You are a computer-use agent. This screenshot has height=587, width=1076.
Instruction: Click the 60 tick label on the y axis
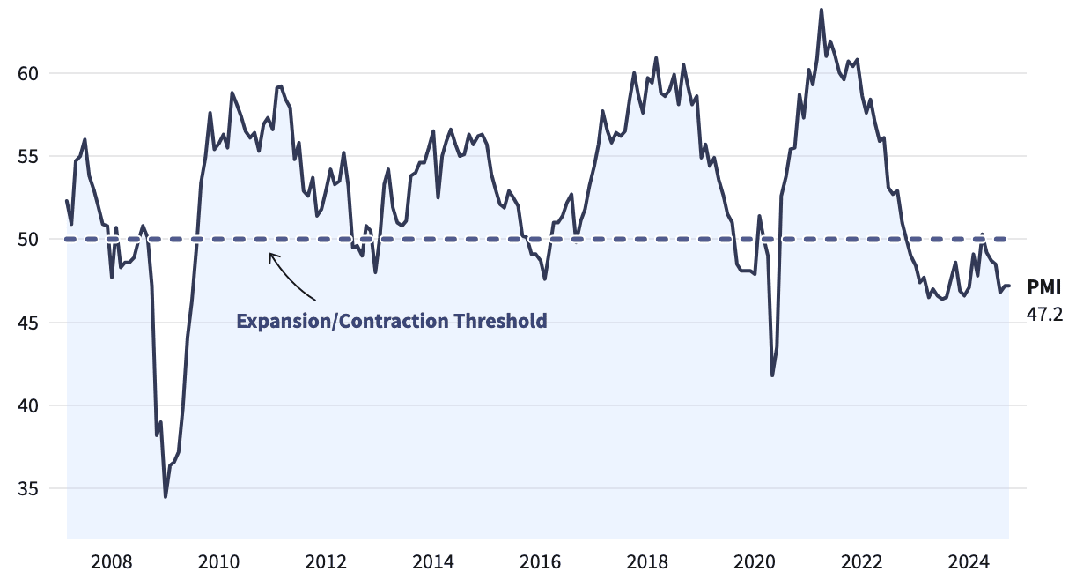click(x=29, y=73)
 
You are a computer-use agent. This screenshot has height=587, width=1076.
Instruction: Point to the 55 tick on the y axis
click(x=29, y=156)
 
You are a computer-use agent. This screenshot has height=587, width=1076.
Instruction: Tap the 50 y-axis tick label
click(x=29, y=239)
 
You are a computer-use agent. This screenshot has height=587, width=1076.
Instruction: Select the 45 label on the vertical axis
click(x=29, y=323)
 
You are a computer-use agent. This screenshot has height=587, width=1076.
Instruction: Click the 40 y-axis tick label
click(x=29, y=405)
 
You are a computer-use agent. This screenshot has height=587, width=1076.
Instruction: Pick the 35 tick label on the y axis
click(x=29, y=488)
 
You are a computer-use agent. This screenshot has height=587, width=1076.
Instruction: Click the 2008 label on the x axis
click(x=112, y=562)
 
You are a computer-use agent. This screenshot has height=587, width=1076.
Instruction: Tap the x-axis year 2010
click(x=218, y=562)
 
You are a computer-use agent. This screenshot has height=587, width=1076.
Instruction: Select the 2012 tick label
click(x=326, y=562)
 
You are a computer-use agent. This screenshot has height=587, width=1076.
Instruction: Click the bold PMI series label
click(x=1043, y=286)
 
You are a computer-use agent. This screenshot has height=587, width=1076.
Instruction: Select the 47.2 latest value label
click(x=1044, y=313)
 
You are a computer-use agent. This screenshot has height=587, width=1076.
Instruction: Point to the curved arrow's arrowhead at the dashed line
click(x=271, y=256)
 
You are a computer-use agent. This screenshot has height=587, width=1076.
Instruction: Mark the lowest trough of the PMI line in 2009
click(x=166, y=497)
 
